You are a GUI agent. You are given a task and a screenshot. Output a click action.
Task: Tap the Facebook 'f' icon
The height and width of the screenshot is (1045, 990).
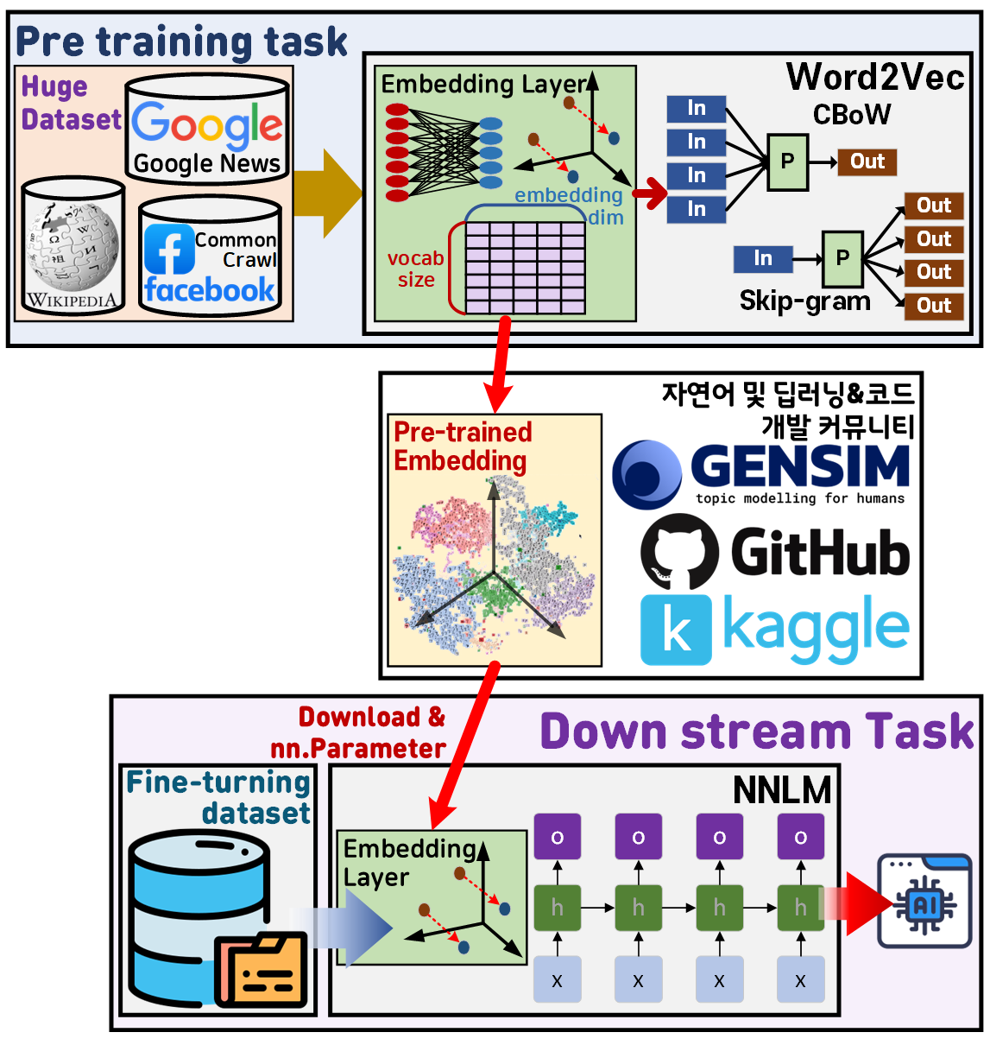[168, 249]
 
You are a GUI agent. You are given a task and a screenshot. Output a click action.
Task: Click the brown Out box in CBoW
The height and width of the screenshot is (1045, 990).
[867, 161]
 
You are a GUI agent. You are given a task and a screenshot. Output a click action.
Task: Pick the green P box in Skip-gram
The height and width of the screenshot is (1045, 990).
[842, 258]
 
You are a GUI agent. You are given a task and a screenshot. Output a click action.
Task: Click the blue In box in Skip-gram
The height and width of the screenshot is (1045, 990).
[762, 258]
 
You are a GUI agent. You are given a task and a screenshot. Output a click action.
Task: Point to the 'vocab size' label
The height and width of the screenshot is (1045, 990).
[415, 269]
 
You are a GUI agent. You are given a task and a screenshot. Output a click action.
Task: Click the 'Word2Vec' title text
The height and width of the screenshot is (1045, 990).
[874, 77]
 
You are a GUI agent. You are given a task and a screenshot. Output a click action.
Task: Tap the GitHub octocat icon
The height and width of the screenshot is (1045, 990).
[679, 552]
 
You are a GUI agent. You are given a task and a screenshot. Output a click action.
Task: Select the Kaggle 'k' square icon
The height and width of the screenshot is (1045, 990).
[676, 630]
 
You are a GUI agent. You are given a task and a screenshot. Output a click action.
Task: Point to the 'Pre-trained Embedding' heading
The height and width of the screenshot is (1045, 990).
[463, 446]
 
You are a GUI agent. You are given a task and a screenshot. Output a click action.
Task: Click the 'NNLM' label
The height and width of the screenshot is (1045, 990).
[781, 789]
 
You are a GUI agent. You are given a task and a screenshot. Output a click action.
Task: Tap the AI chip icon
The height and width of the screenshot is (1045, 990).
[924, 903]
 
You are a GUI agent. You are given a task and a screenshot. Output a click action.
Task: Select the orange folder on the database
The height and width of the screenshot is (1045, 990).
[262, 970]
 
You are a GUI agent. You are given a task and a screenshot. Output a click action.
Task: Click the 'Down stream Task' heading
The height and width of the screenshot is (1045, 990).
[757, 731]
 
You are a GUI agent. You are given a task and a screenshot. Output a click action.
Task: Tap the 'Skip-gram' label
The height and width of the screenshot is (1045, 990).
[804, 301]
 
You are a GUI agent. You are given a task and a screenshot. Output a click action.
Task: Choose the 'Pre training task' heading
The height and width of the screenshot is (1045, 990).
[181, 41]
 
